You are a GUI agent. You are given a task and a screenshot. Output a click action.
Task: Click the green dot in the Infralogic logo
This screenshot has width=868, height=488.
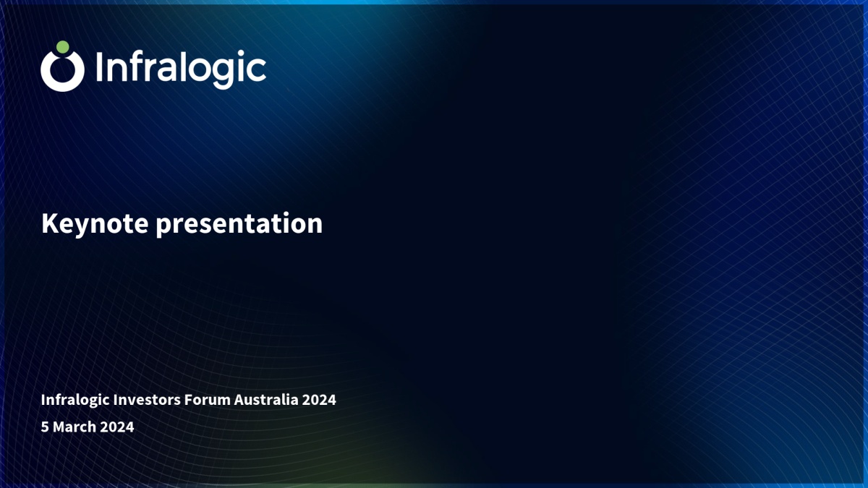pyautogui.click(x=63, y=47)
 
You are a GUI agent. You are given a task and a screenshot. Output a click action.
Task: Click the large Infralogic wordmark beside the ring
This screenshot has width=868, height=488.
pyautogui.click(x=181, y=69)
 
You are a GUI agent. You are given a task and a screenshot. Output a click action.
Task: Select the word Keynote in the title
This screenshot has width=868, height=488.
pyautogui.click(x=95, y=223)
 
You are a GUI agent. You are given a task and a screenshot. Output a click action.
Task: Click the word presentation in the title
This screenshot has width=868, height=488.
pyautogui.click(x=239, y=224)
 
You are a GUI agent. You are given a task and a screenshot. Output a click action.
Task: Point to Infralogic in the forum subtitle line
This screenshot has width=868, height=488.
pyautogui.click(x=75, y=400)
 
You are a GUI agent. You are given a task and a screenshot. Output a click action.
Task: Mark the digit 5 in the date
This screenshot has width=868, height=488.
pyautogui.click(x=45, y=427)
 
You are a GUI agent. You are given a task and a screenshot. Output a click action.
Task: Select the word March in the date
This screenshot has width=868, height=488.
pyautogui.click(x=75, y=427)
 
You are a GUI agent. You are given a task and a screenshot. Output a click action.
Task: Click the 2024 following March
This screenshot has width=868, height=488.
pyautogui.click(x=117, y=427)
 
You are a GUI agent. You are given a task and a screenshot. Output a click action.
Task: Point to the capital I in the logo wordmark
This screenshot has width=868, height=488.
pyautogui.click(x=99, y=67)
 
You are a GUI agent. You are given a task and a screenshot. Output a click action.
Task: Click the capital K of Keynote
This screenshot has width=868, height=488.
pyautogui.click(x=50, y=223)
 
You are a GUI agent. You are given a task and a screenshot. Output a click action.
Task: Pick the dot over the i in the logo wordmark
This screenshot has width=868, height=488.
pyautogui.click(x=241, y=53)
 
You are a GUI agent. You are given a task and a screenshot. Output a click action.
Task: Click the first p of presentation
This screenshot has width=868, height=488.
pyautogui.click(x=163, y=227)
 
